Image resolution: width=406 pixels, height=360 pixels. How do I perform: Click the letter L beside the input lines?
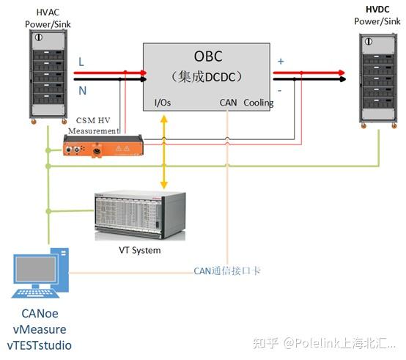pos(81,63)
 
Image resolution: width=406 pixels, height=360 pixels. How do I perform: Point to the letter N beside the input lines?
pos(81,90)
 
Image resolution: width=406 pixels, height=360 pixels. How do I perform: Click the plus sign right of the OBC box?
pos(281,61)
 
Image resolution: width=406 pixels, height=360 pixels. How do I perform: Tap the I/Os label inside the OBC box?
pos(163,103)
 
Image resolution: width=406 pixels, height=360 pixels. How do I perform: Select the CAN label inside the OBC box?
pos(228,103)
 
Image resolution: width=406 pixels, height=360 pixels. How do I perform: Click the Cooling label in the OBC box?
pos(258,103)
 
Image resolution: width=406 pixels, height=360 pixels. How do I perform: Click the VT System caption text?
pos(139,251)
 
